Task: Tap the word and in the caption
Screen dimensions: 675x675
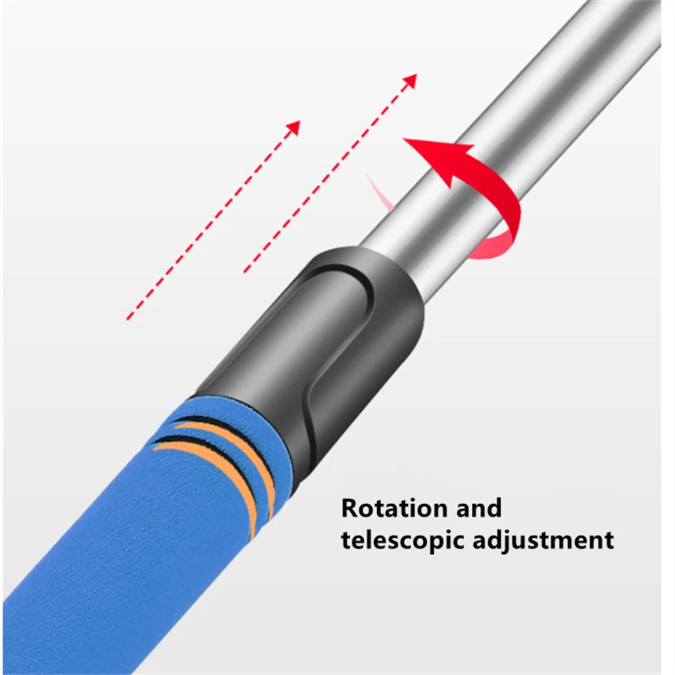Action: (477, 508)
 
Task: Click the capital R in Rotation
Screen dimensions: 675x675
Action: (351, 508)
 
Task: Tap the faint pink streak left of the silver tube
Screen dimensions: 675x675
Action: (381, 193)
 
